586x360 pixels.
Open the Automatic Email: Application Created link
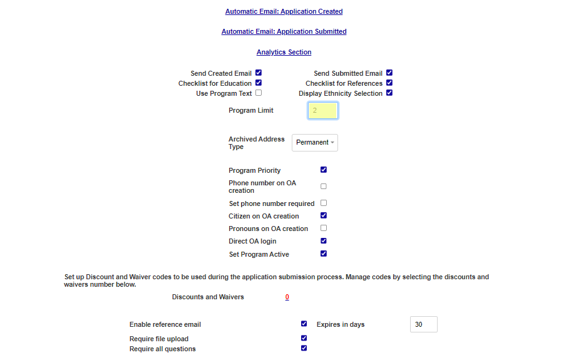coord(284,11)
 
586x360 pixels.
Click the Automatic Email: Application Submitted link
coord(284,31)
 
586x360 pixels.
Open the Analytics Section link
coord(284,52)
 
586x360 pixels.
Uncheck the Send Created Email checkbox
coord(259,73)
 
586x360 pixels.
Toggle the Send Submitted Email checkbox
coord(389,73)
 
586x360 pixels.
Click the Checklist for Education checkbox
coord(259,83)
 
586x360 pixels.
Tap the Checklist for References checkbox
coord(389,83)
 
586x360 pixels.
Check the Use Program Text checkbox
coord(259,93)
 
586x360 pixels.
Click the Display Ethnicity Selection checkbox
coord(389,93)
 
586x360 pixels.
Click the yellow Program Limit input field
coord(323,111)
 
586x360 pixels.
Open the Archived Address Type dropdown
coord(315,143)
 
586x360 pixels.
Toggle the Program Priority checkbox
coord(324,170)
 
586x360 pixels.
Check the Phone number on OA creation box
coord(324,186)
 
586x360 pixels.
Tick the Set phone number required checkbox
coord(324,203)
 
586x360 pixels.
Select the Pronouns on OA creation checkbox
coord(324,228)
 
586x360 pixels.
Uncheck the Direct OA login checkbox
coord(324,240)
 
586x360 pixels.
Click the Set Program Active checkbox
coord(324,254)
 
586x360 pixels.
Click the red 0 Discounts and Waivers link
coord(287,297)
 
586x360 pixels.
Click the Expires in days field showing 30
coord(424,324)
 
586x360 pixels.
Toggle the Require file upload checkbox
coord(304,338)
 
